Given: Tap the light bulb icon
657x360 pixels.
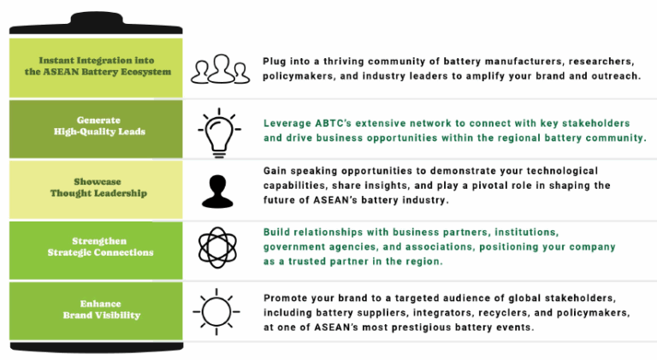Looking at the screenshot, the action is point(219,133).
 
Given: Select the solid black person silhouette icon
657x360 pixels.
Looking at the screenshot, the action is point(217,192).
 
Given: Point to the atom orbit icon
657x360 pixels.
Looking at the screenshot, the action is point(217,247).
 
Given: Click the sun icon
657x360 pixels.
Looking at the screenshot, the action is point(216,312).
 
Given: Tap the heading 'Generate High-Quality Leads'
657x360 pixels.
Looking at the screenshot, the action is point(99,126).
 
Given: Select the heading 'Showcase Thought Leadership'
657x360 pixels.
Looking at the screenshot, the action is point(98,187).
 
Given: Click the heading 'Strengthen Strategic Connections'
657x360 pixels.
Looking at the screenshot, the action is point(100,246).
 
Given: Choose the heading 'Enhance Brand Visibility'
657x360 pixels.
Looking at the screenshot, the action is point(102,310).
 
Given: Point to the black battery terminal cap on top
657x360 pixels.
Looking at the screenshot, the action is point(96,23).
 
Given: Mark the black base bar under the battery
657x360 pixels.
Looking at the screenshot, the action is point(97,347).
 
